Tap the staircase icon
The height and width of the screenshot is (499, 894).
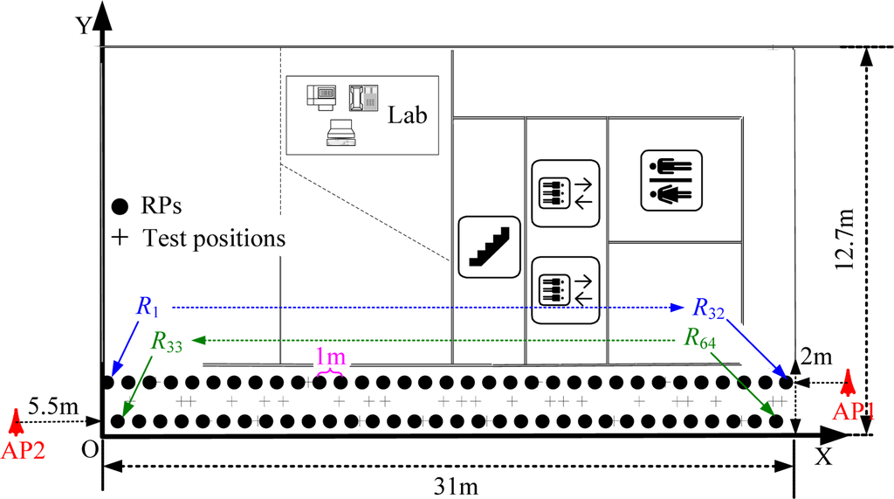tap(489, 247)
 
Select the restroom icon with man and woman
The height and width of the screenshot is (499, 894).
tap(670, 181)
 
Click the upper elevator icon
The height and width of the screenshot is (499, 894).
tap(564, 191)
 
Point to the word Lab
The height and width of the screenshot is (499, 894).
tap(408, 114)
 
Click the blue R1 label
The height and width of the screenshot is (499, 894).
tap(148, 307)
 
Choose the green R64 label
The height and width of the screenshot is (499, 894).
tap(701, 339)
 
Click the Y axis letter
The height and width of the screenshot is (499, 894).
tap(83, 24)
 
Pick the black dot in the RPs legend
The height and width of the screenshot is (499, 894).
tap(120, 207)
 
